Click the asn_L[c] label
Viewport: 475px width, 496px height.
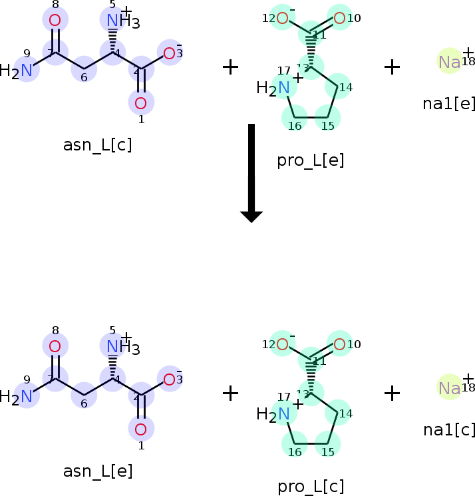(97, 145)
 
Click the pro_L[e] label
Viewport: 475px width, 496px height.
(311, 160)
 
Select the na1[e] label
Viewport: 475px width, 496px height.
(449, 103)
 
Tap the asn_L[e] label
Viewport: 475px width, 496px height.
(98, 471)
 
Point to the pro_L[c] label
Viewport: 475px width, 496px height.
(311, 487)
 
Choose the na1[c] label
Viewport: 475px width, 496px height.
(449, 430)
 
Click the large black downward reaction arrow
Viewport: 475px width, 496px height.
(251, 172)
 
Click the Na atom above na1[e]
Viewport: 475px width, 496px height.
(450, 62)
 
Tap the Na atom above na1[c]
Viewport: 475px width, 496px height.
(450, 388)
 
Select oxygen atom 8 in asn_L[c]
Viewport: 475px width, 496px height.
(55, 20)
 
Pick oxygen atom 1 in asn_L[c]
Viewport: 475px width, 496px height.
(140, 103)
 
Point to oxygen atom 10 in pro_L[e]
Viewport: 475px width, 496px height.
(339, 18)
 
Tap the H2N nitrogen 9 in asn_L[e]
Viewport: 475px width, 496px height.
(27, 396)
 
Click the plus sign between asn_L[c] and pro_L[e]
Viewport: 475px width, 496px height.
(230, 67)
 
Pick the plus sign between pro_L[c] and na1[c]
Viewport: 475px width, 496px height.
(393, 393)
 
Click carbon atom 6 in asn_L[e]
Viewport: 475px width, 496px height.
(84, 395)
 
